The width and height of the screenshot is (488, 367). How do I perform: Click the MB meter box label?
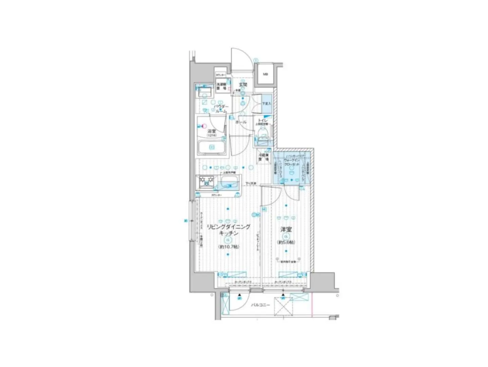[x=265, y=74]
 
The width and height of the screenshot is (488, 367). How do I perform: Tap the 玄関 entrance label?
[x=243, y=84]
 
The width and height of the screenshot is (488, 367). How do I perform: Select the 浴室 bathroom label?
[x=212, y=131]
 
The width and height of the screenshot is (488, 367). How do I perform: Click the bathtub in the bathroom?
[x=211, y=147]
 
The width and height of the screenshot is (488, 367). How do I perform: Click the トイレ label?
[x=263, y=120]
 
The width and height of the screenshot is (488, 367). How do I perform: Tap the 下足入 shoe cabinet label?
[x=266, y=103]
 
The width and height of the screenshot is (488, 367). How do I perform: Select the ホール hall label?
[x=241, y=122]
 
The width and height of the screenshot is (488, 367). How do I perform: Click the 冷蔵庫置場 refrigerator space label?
[x=264, y=157]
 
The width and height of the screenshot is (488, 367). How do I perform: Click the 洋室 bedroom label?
[x=286, y=230]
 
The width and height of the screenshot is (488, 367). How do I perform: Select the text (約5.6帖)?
[x=286, y=242]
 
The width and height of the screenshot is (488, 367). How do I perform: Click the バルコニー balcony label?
[x=260, y=305]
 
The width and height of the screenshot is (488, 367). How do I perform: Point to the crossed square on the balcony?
[x=283, y=306]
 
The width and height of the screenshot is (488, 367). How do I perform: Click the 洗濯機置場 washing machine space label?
[x=221, y=86]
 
